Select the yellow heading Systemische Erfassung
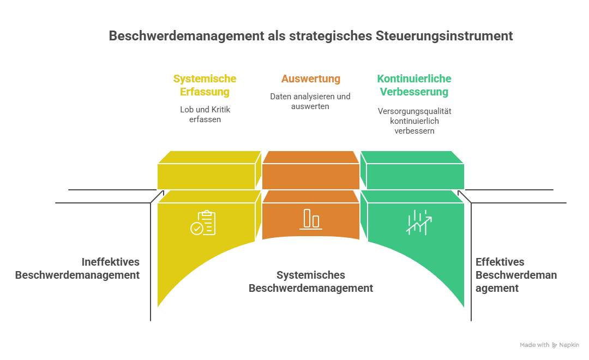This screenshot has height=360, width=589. click(205, 86)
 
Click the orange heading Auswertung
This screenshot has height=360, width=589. click(311, 79)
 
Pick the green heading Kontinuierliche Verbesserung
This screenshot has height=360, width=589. click(414, 86)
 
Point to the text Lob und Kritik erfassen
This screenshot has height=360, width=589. click(205, 114)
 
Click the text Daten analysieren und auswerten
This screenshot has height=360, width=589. click(310, 101)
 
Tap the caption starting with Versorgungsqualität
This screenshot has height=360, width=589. click(414, 121)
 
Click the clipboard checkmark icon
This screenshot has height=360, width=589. click(203, 223)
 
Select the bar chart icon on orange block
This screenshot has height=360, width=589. click(311, 219)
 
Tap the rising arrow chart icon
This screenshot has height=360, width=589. click(419, 221)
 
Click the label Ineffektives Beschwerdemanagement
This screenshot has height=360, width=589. click(77, 268)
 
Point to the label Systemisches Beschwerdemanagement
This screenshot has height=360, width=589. click(311, 281)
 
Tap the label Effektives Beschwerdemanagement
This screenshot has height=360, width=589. click(515, 275)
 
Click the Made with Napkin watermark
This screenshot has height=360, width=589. click(549, 345)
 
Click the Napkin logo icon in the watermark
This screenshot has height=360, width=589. click(554, 345)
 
